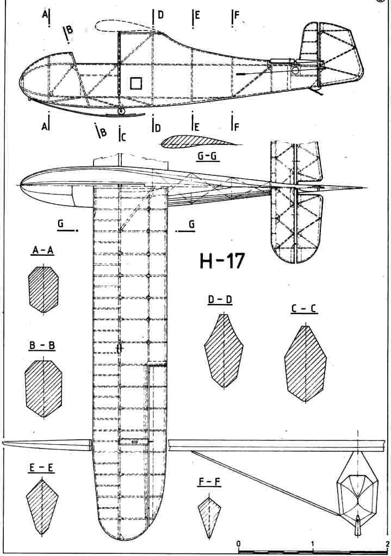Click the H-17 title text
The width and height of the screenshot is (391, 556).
[222, 262]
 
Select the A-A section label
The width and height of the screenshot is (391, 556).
[43, 250]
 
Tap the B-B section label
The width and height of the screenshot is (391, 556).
[43, 345]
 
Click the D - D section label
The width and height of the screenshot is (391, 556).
[220, 300]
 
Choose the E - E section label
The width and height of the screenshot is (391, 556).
[42, 467]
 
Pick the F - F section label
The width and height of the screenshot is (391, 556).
[209, 482]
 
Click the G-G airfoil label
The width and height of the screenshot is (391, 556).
[207, 156]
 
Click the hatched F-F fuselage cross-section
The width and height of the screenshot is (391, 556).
[209, 514]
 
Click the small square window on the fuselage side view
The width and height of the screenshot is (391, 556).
[135, 83]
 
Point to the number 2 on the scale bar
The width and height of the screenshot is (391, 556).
[386, 543]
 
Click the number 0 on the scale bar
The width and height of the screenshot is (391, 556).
[239, 543]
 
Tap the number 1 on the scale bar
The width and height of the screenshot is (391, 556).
[313, 543]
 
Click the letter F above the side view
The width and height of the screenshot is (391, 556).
[237, 15]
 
